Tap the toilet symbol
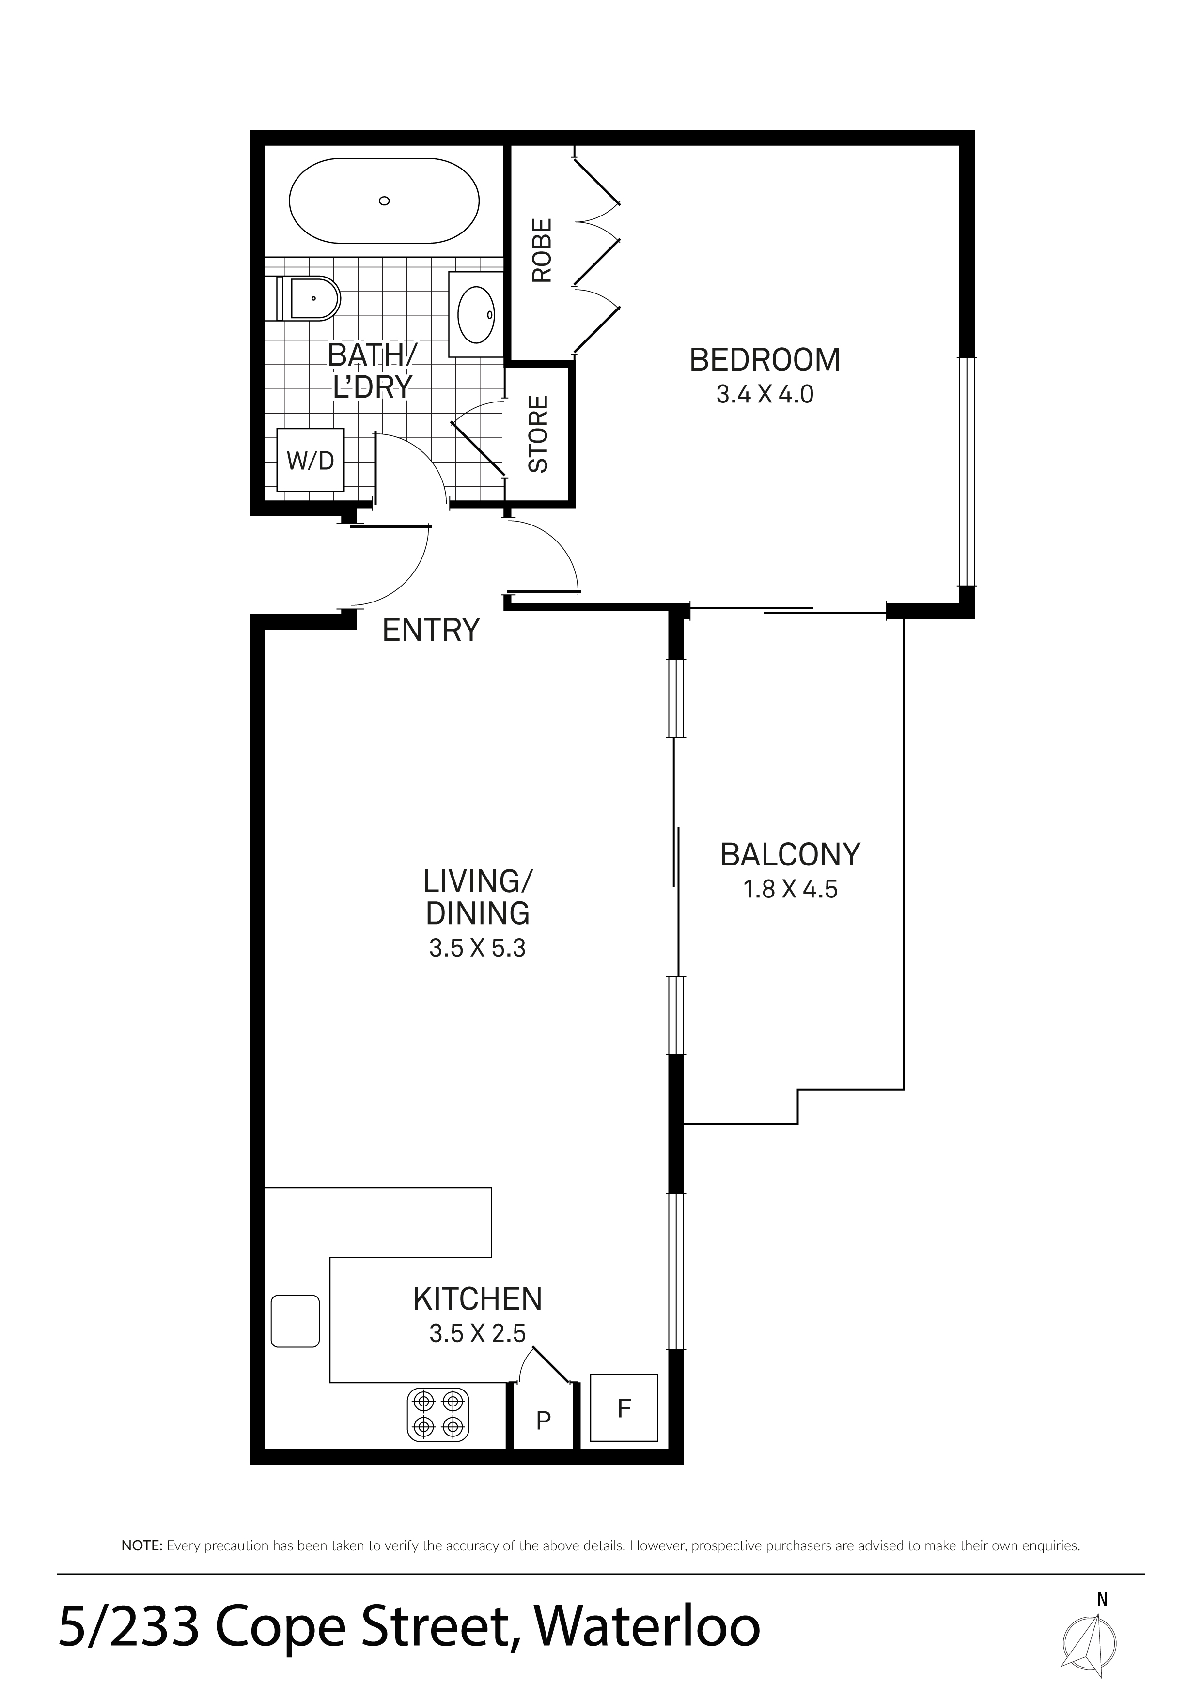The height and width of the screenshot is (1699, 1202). [x=308, y=299]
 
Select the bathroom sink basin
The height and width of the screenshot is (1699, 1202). [x=476, y=314]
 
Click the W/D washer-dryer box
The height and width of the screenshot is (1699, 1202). [x=310, y=460]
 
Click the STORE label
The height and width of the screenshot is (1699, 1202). [x=538, y=434]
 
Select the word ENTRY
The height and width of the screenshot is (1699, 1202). [x=431, y=631]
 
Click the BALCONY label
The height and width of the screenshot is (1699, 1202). [x=791, y=855]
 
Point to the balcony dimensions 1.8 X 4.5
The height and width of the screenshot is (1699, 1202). [x=791, y=889]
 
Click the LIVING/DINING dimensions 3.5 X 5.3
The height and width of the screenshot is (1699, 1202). [x=477, y=948]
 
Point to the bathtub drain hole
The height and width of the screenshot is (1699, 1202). [x=384, y=201]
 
